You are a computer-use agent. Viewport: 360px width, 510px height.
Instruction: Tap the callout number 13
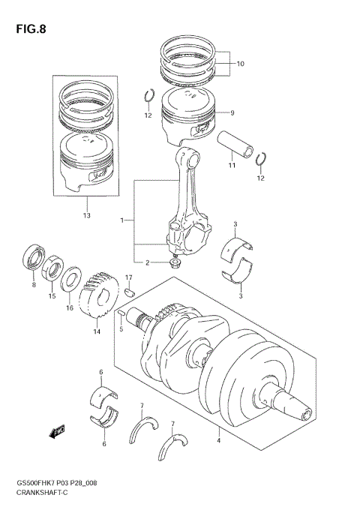click(86, 215)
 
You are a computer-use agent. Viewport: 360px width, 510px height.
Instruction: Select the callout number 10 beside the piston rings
click(240, 64)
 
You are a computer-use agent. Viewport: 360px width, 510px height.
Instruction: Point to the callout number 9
click(232, 113)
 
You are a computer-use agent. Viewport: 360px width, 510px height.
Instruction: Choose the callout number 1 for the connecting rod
click(121, 220)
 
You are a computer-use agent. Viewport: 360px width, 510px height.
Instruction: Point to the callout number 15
click(52, 296)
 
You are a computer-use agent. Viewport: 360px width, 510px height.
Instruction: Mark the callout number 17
click(128, 278)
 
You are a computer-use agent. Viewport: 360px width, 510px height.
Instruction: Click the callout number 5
click(120, 328)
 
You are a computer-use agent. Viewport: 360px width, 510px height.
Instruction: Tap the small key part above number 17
click(129, 292)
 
